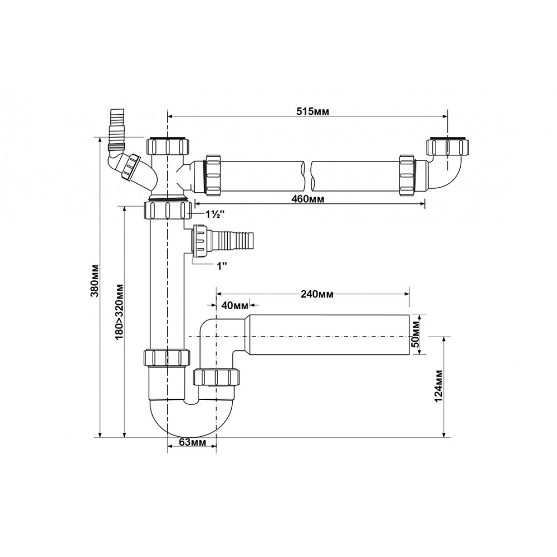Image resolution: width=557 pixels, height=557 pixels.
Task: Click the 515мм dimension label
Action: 312,111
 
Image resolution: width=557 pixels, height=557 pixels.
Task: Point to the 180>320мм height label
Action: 119,311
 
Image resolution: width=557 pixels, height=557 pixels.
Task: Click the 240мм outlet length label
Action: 317,294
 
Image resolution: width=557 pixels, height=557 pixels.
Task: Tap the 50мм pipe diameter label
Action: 416,334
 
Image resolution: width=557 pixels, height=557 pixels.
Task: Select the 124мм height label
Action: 439,386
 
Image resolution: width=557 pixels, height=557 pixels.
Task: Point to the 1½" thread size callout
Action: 214,214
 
